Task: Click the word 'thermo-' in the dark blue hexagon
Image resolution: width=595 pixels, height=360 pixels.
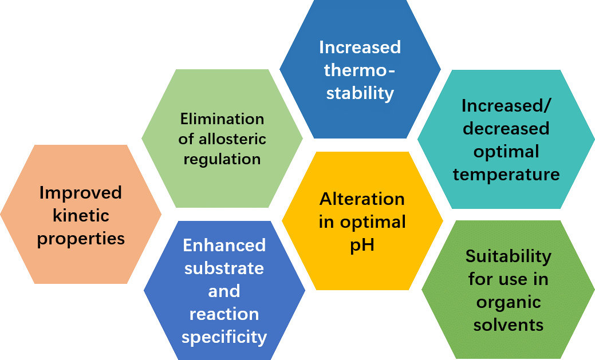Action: click(360, 70)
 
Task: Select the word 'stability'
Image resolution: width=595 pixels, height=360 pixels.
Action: click(360, 93)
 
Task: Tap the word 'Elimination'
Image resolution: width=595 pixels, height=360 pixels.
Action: click(222, 119)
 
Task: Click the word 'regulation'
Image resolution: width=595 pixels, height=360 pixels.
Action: click(222, 159)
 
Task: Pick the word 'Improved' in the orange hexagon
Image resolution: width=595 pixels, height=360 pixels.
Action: click(81, 193)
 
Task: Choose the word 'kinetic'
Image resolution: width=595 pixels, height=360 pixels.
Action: click(81, 216)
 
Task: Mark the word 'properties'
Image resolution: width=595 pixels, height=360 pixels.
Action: click(81, 239)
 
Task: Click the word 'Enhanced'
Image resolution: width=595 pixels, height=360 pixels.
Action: click(224, 246)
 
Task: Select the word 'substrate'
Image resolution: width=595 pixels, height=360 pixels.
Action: click(224, 268)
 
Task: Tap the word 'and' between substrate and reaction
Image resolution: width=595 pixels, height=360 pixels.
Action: click(224, 291)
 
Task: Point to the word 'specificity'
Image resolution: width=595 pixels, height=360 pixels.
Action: click(224, 337)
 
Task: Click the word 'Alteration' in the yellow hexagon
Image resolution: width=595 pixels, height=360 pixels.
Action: click(362, 199)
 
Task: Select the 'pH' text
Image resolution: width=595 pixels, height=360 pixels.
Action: click(362, 245)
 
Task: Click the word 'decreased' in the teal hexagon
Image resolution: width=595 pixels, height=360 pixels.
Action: click(506, 129)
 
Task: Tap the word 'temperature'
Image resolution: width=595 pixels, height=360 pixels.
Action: click(506, 174)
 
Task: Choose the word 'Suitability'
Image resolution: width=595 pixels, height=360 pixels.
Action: click(508, 256)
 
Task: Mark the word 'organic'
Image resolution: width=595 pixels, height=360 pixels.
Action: click(508, 302)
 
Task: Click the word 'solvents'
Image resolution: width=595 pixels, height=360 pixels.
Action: click(508, 325)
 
